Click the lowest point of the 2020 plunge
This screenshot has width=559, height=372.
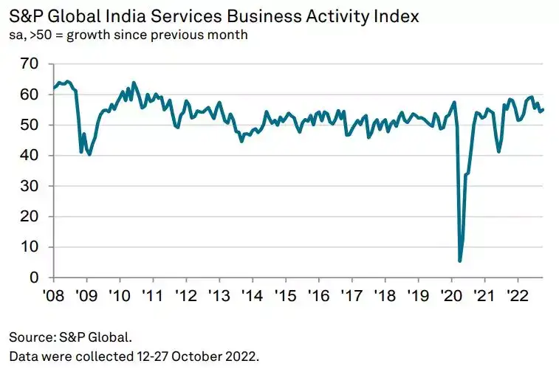click(460, 261)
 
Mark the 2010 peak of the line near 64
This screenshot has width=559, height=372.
click(134, 83)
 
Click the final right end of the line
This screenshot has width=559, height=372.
click(544, 110)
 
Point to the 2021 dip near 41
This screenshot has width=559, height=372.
click(499, 151)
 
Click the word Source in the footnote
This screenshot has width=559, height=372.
click(30, 337)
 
